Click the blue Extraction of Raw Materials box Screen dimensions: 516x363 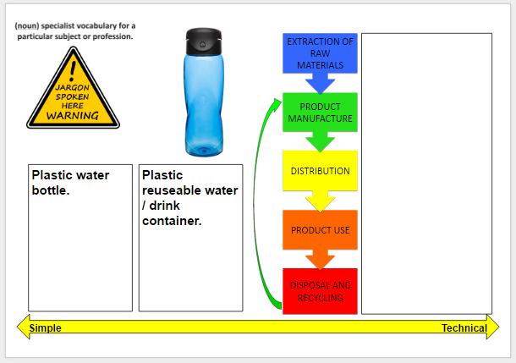pyautogui.click(x=320, y=53)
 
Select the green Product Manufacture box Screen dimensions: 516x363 pyautogui.click(x=320, y=113)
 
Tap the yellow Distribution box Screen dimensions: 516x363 pyautogui.click(x=320, y=170)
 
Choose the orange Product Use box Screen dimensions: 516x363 pyautogui.click(x=320, y=229)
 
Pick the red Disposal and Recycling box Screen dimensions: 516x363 pyautogui.click(x=320, y=291)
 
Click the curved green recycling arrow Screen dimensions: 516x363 pyautogui.click(x=255, y=204)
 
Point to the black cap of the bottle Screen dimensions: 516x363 pyautogui.click(x=204, y=41)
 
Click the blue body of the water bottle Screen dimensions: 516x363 pyautogui.click(x=204, y=105)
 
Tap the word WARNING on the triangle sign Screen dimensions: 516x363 pyautogui.click(x=73, y=116)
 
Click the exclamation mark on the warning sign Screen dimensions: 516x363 pyautogui.click(x=73, y=71)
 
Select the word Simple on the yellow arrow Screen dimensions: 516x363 pyautogui.click(x=45, y=327)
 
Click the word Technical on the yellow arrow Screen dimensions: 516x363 pyautogui.click(x=464, y=327)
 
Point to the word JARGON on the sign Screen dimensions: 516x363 pyautogui.click(x=73, y=87)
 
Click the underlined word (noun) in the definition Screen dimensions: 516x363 pyautogui.click(x=27, y=25)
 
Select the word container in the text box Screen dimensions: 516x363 pyautogui.click(x=171, y=221)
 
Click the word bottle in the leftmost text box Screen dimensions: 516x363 pyautogui.click(x=49, y=190)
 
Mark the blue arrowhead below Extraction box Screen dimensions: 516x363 pyautogui.click(x=320, y=84)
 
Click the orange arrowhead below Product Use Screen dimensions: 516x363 pyautogui.click(x=320, y=260)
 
